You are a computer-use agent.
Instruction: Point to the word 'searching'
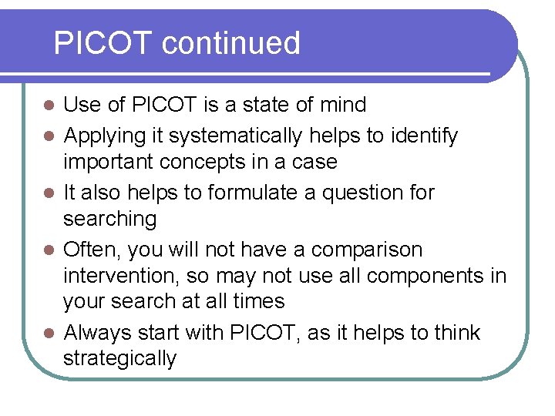[x=109, y=219]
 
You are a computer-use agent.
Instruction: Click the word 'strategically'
[x=119, y=358]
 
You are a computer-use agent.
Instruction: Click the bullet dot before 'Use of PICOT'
[x=48, y=105]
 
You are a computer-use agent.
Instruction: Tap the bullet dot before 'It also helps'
[x=48, y=193]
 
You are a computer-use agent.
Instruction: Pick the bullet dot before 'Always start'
[x=48, y=334]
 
